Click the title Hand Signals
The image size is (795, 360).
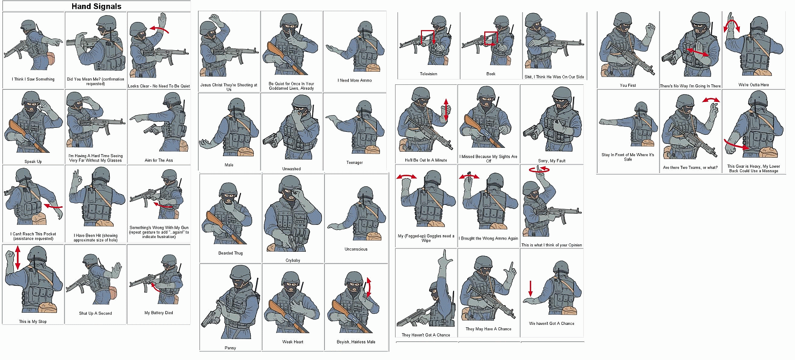(96, 6)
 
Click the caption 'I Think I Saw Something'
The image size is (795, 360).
(33, 79)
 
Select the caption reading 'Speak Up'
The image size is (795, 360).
(33, 161)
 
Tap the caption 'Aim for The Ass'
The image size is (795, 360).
(159, 160)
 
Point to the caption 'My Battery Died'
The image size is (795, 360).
(159, 313)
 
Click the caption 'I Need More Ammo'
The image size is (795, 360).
(355, 80)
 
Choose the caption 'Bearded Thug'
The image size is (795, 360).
(230, 253)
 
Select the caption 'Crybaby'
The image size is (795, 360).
(293, 260)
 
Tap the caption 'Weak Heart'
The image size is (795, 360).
(293, 342)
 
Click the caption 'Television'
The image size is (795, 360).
(428, 74)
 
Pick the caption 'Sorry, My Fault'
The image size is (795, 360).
(552, 161)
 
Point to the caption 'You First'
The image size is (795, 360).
(628, 85)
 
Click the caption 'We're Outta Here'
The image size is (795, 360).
(754, 85)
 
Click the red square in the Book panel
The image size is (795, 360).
(491, 38)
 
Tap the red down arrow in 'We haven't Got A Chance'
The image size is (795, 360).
(530, 288)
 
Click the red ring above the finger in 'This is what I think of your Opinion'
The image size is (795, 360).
(539, 170)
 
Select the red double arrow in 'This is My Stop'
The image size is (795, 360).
(18, 258)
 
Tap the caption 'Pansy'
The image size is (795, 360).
(230, 348)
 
